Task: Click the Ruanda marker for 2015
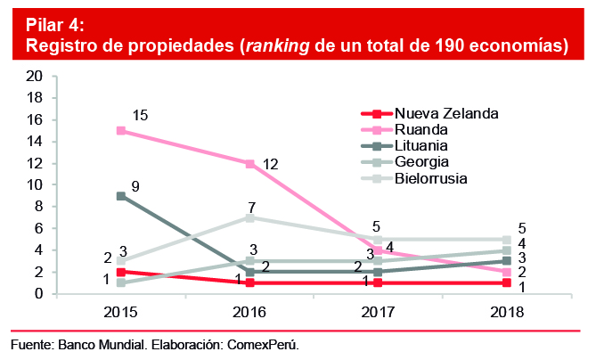121,131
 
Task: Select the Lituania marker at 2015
121,196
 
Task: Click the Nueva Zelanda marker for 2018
506,282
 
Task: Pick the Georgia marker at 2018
506,250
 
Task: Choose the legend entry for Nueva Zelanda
445,113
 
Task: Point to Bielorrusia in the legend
434,177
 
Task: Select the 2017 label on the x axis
378,312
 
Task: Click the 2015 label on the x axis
121,312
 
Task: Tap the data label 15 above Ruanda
140,115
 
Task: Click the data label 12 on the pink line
272,164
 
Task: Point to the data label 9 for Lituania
135,186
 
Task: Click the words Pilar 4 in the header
50,24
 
